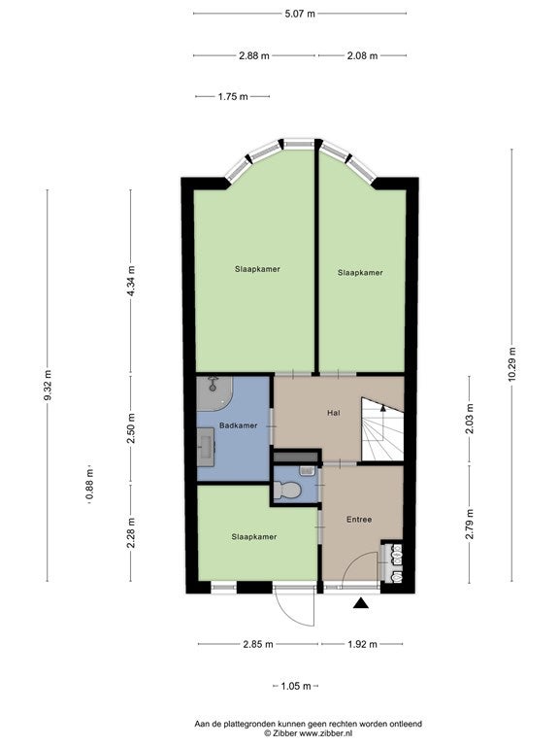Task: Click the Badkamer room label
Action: [238, 425]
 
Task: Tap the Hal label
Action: [334, 413]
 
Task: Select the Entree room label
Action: [359, 520]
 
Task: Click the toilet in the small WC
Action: [288, 490]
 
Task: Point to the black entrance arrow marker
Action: [361, 603]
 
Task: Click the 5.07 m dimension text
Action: [300, 14]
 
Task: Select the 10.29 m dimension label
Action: [512, 364]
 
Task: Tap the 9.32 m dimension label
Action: [48, 385]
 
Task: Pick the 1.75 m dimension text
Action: [233, 96]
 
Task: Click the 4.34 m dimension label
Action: [131, 282]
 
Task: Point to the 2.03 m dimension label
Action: [470, 419]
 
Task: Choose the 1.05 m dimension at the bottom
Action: [296, 686]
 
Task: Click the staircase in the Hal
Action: [382, 429]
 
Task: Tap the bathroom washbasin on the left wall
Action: [207, 446]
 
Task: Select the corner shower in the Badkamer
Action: [214, 393]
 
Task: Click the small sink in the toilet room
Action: [306, 471]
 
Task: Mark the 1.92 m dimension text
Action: [362, 644]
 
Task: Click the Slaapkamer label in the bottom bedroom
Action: [254, 536]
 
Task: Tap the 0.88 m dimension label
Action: [89, 485]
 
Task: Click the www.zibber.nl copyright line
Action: [308, 733]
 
